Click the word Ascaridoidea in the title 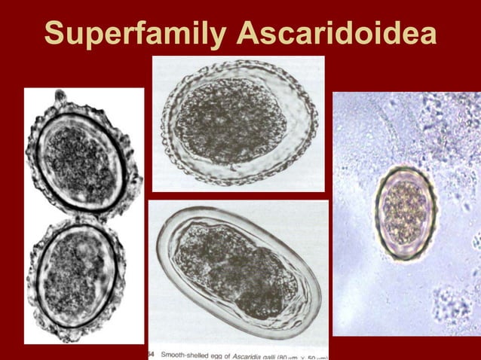[x=335, y=33]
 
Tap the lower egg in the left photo [x=75, y=275]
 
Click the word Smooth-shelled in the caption [x=192, y=352]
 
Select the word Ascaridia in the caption [x=270, y=352]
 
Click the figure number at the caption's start [x=153, y=352]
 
